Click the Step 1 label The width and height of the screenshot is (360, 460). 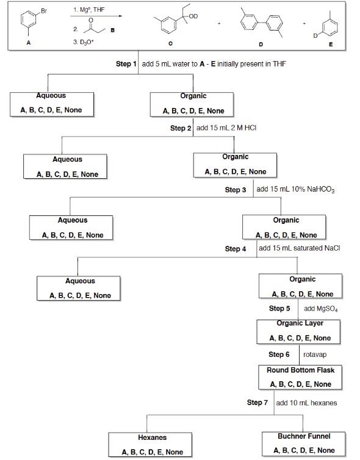(x=126, y=64)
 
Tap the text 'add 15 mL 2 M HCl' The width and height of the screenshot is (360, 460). (x=225, y=128)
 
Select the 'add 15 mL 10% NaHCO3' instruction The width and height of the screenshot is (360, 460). (x=295, y=189)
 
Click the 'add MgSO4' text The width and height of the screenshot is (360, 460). (x=320, y=309)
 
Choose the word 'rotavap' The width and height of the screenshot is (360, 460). (x=314, y=354)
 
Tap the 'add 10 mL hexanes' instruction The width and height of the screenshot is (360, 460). (x=306, y=403)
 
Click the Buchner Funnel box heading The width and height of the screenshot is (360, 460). (x=304, y=436)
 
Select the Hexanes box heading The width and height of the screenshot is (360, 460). (x=152, y=437)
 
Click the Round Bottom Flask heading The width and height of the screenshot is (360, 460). (x=300, y=370)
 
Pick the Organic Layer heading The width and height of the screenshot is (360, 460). (x=300, y=323)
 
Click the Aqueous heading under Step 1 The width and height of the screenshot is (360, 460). (x=51, y=96)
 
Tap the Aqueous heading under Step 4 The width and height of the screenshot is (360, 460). (x=80, y=281)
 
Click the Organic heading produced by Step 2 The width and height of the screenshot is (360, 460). (x=235, y=157)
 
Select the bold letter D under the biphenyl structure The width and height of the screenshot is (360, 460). (x=261, y=44)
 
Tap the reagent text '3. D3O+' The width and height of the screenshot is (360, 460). (x=82, y=41)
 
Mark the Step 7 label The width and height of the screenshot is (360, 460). (x=257, y=403)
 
